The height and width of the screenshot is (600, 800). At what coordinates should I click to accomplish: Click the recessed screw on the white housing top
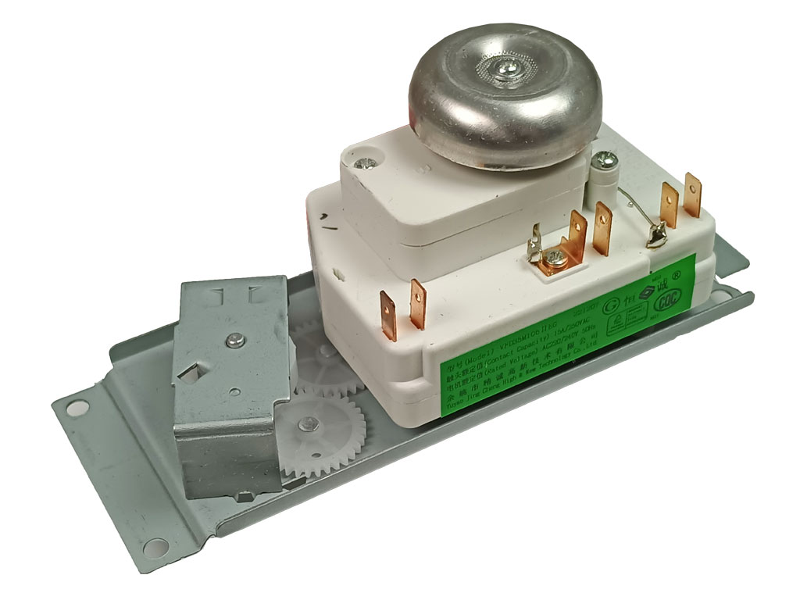(x=365, y=164)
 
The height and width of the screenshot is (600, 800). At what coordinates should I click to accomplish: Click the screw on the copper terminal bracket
(x=555, y=259)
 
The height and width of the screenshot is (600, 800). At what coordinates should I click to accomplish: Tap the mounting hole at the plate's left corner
(x=74, y=406)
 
